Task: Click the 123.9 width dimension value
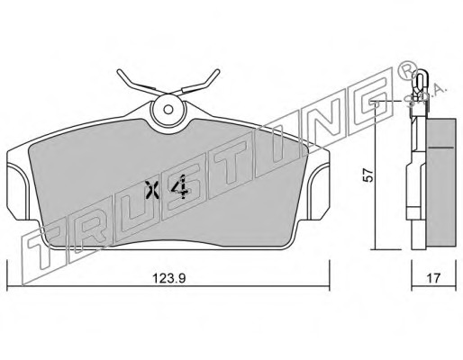tap(169, 278)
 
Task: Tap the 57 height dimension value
tap(368, 175)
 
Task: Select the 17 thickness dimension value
tap(433, 278)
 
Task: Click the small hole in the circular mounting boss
tap(168, 110)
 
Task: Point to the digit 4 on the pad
tap(180, 187)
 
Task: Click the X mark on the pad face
tap(151, 190)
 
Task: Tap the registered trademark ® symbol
tap(408, 70)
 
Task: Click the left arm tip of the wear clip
tap(119, 72)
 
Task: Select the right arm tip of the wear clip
tap(217, 71)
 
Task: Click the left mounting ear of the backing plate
tap(17, 192)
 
